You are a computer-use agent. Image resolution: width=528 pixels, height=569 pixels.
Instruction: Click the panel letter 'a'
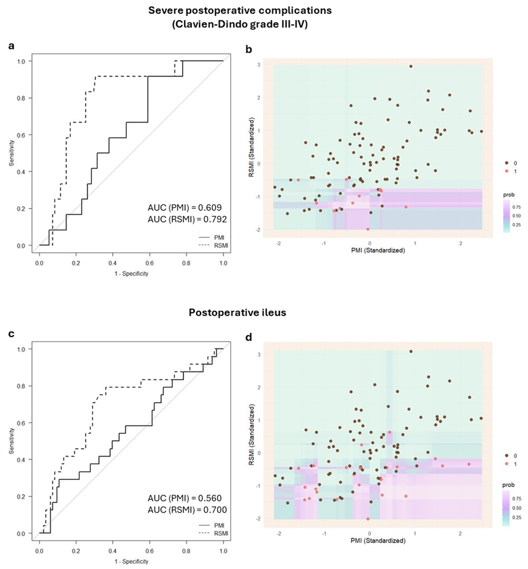tap(12, 46)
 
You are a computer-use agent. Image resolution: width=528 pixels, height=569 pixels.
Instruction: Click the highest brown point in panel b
tap(411, 67)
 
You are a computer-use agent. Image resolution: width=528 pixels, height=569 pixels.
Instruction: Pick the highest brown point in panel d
tap(411, 352)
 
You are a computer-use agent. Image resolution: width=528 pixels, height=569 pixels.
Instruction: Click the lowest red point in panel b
tap(368, 229)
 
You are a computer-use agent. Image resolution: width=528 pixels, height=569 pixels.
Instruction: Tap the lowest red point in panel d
tap(368, 519)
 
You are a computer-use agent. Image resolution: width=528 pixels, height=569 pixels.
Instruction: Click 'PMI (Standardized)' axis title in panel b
tap(378, 250)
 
